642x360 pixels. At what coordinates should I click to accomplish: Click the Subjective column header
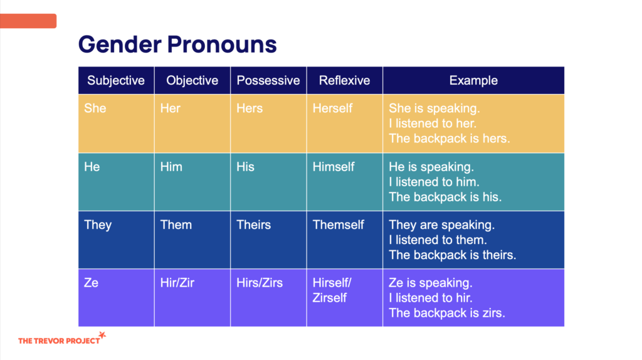coord(116,80)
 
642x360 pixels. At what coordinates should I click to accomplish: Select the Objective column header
coord(192,80)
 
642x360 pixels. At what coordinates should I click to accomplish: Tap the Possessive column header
coord(268,80)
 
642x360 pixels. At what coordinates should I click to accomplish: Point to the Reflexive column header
coord(344,80)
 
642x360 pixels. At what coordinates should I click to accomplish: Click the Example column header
coord(473,80)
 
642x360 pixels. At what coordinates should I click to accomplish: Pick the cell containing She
coord(116,124)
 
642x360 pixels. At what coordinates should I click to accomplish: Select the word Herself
coord(332,109)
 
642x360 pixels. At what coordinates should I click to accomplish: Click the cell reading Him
coord(192,182)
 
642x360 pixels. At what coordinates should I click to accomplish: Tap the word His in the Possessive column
coord(245,167)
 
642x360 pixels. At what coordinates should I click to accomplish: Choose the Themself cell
coord(344,240)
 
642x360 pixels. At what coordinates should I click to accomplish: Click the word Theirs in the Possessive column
coord(253,225)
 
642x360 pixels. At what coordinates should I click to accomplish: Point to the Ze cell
coord(116,298)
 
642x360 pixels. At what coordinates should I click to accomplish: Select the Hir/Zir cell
coord(192,298)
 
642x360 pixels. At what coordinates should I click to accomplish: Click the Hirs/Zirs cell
coord(268,298)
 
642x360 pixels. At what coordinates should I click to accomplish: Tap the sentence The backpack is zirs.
coord(446,313)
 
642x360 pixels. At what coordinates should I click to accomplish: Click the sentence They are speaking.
coord(442,225)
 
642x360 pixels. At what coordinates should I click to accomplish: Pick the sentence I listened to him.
coord(434,182)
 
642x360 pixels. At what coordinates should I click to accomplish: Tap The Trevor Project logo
coord(62,339)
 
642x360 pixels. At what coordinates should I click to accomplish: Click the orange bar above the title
coord(28,21)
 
